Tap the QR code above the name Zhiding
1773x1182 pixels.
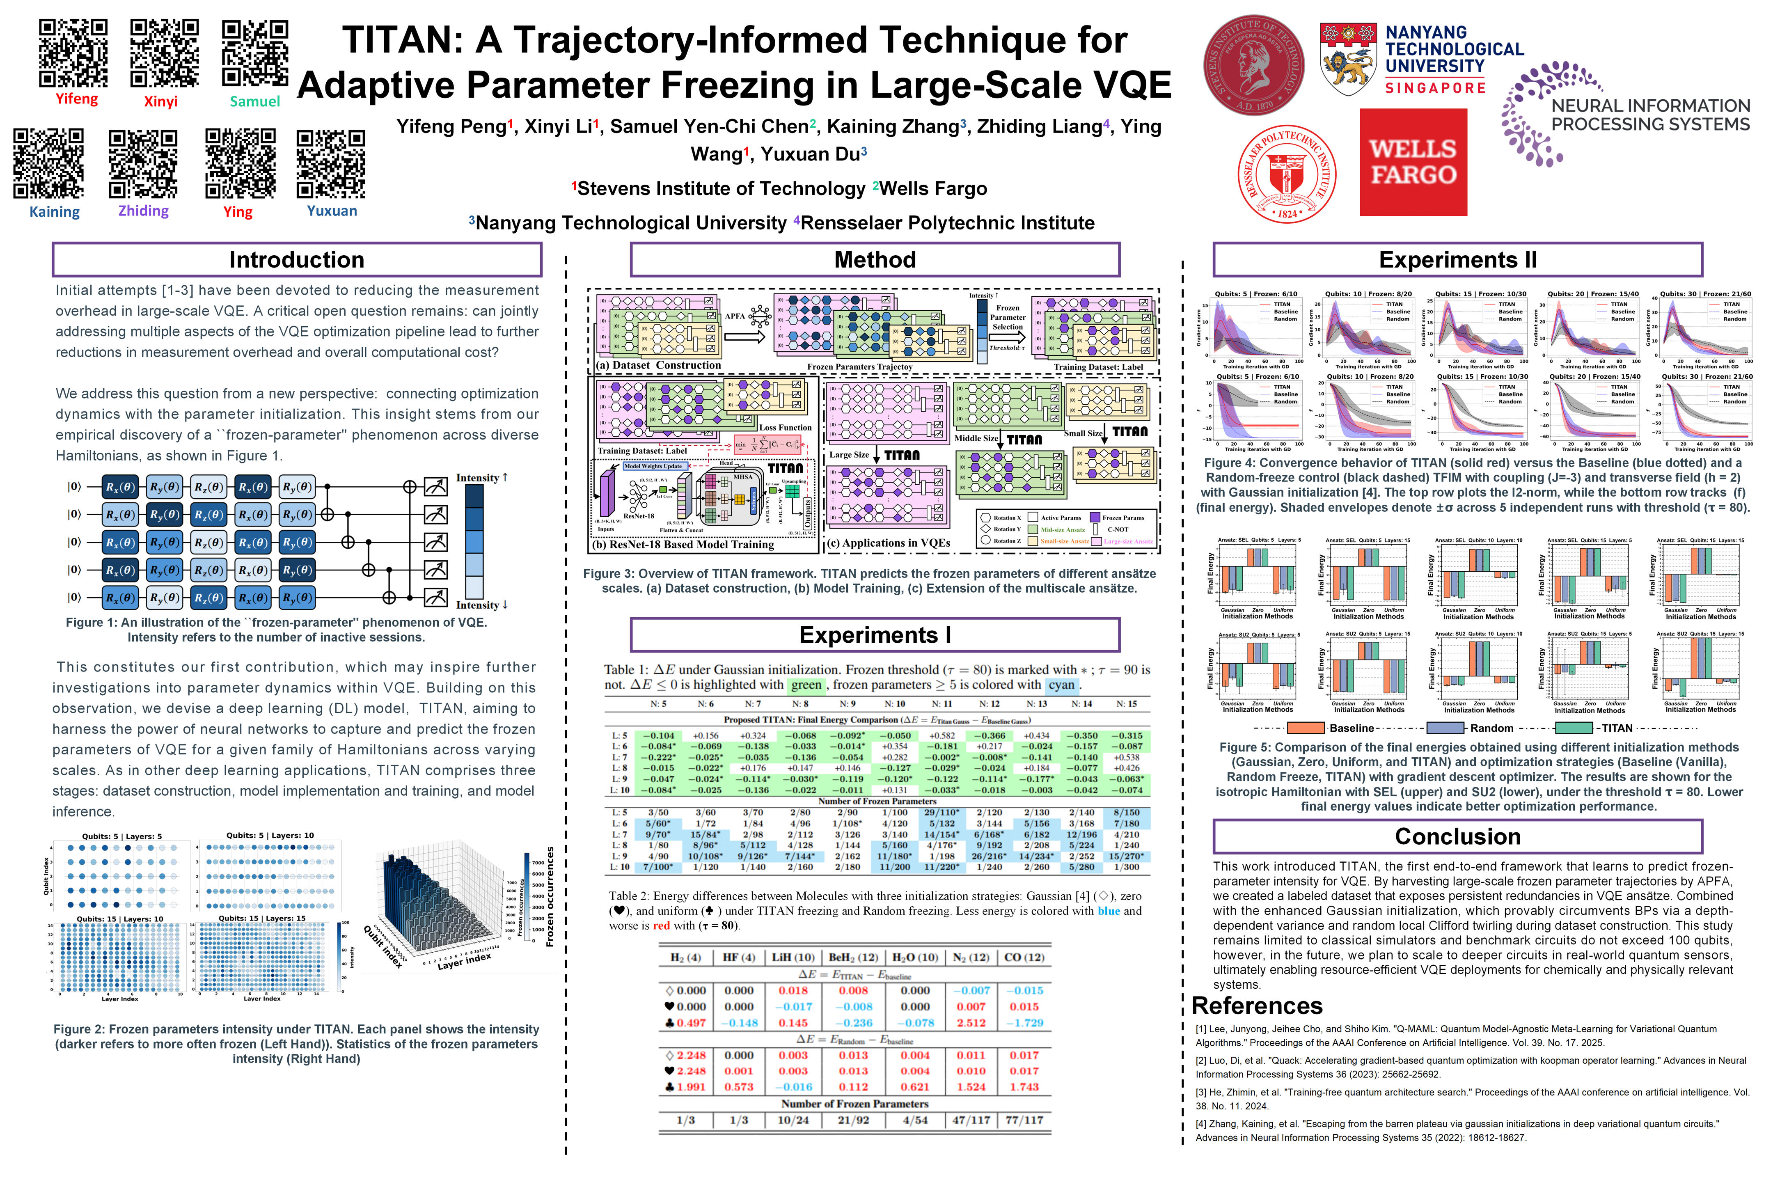pos(143,164)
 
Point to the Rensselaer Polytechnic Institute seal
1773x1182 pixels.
pos(1287,174)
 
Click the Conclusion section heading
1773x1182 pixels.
pos(1457,837)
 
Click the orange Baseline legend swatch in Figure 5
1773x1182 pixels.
pos(1306,728)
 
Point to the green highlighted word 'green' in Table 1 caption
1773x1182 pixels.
pos(806,685)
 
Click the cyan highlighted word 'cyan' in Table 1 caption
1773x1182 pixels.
pos(1061,685)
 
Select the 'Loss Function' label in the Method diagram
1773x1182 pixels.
pos(786,427)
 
